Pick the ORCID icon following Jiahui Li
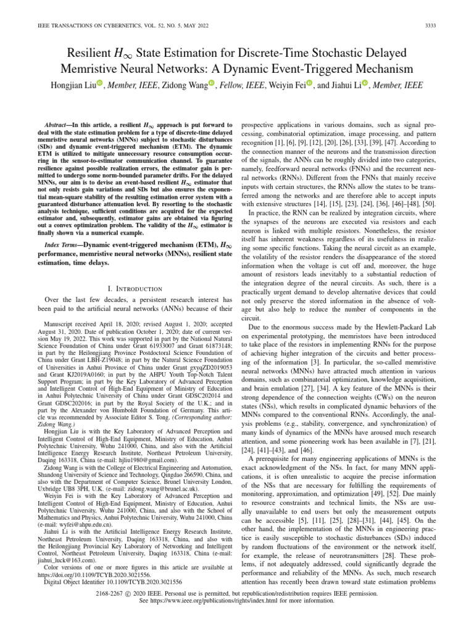coord(365,85)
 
